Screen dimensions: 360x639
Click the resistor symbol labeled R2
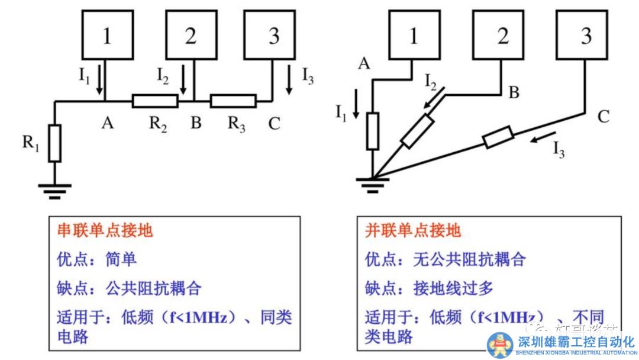point(155,101)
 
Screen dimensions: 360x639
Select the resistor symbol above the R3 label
point(233,101)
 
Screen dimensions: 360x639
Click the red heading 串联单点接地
point(105,230)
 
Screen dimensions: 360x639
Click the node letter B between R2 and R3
point(196,123)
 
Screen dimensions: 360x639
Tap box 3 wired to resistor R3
point(274,36)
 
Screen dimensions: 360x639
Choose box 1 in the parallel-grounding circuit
point(414,36)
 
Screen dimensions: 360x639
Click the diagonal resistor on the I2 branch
point(417,132)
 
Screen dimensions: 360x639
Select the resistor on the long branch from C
point(498,137)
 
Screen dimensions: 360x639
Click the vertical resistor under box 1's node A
point(372,131)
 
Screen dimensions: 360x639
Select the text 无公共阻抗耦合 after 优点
point(470,259)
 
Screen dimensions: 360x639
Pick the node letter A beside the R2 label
point(107,123)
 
